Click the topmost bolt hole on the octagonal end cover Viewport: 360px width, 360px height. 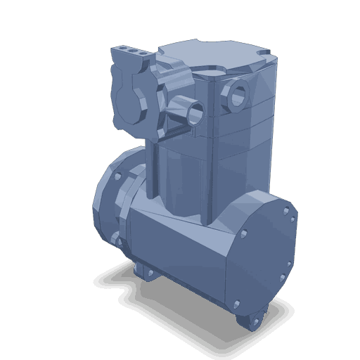[285, 209]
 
